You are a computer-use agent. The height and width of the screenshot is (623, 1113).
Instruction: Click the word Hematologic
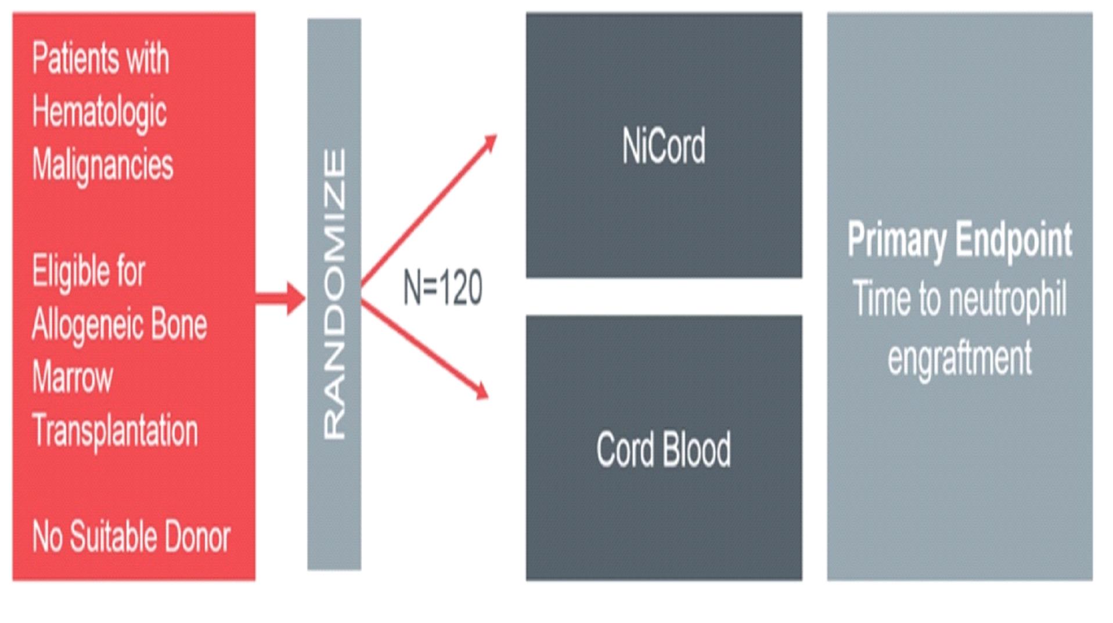(99, 112)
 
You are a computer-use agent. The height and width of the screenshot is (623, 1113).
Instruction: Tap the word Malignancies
(103, 165)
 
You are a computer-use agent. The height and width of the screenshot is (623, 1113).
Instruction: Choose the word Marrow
(73, 377)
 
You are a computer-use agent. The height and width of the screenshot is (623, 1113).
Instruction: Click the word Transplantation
(115, 430)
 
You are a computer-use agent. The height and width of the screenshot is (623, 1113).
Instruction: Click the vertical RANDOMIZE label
(334, 294)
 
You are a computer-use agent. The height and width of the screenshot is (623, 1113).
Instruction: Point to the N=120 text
(442, 288)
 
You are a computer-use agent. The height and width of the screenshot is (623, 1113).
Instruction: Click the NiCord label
(664, 146)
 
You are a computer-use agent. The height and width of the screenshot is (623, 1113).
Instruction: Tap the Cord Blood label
(664, 449)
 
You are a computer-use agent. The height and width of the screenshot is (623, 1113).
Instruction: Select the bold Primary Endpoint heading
(959, 239)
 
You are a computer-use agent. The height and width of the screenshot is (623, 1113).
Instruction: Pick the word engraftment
(959, 358)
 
